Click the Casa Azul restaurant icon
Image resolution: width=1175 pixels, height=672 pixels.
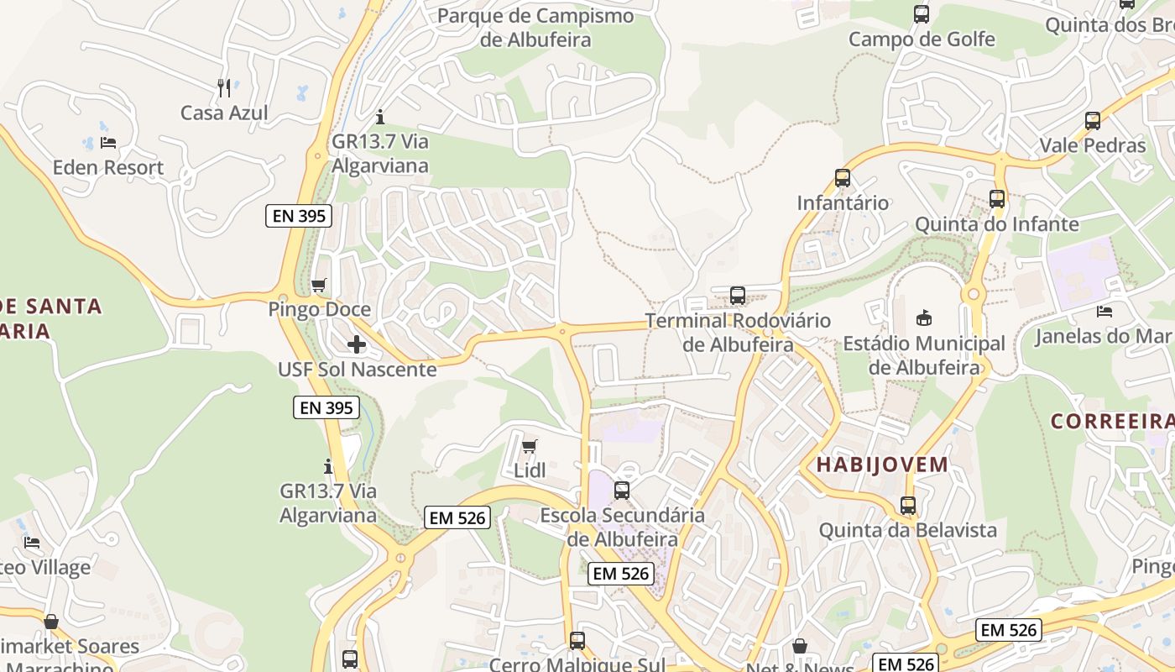(x=224, y=87)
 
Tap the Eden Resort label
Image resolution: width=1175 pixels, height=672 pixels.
(x=108, y=167)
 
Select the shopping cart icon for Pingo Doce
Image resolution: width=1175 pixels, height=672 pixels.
(x=318, y=286)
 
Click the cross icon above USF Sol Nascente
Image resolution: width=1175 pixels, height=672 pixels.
(x=357, y=344)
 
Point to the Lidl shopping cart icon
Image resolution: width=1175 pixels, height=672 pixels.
(x=529, y=446)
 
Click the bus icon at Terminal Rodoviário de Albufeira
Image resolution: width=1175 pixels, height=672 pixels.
(x=738, y=296)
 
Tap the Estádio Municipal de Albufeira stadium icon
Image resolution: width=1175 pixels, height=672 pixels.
(x=924, y=318)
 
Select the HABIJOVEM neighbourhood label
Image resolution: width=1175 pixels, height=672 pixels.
(x=882, y=465)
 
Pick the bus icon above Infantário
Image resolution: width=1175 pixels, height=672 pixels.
(x=843, y=178)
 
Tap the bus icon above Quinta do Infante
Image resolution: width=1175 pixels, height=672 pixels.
(x=997, y=199)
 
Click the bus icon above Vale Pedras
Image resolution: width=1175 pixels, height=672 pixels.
(x=1093, y=121)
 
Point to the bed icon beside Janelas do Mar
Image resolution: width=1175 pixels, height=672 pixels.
(x=1104, y=312)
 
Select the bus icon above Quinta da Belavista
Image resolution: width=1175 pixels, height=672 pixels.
(x=908, y=506)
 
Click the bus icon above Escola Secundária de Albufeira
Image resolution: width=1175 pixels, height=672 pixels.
(x=622, y=491)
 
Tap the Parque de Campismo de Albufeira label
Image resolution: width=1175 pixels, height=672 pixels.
(x=535, y=28)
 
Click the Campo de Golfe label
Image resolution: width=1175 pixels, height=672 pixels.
(x=922, y=39)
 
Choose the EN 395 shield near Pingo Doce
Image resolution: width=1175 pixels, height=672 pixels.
(x=300, y=216)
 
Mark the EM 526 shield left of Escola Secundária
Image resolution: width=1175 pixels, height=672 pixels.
(x=457, y=517)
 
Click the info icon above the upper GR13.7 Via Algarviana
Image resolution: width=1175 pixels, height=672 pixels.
(x=380, y=117)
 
